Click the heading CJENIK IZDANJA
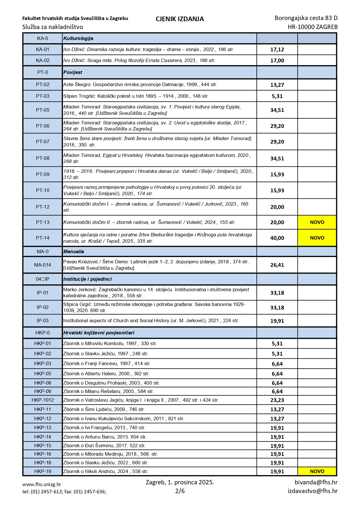[x=180, y=19]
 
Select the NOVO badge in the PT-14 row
[x=317, y=238]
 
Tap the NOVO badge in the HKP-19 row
[x=317, y=471]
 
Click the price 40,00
[x=277, y=238]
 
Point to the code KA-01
[x=43, y=50]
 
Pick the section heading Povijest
[x=73, y=73]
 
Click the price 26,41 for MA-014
[x=277, y=265]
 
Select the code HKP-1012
[x=43, y=400]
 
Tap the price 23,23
[x=277, y=400]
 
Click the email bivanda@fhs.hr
[x=316, y=482]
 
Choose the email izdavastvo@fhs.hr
[x=312, y=491]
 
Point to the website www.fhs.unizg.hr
[x=42, y=484]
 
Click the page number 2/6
[x=180, y=491]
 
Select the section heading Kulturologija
[x=78, y=38]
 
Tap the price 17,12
[x=277, y=50]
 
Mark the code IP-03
[x=43, y=321]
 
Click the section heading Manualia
[x=74, y=251]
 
